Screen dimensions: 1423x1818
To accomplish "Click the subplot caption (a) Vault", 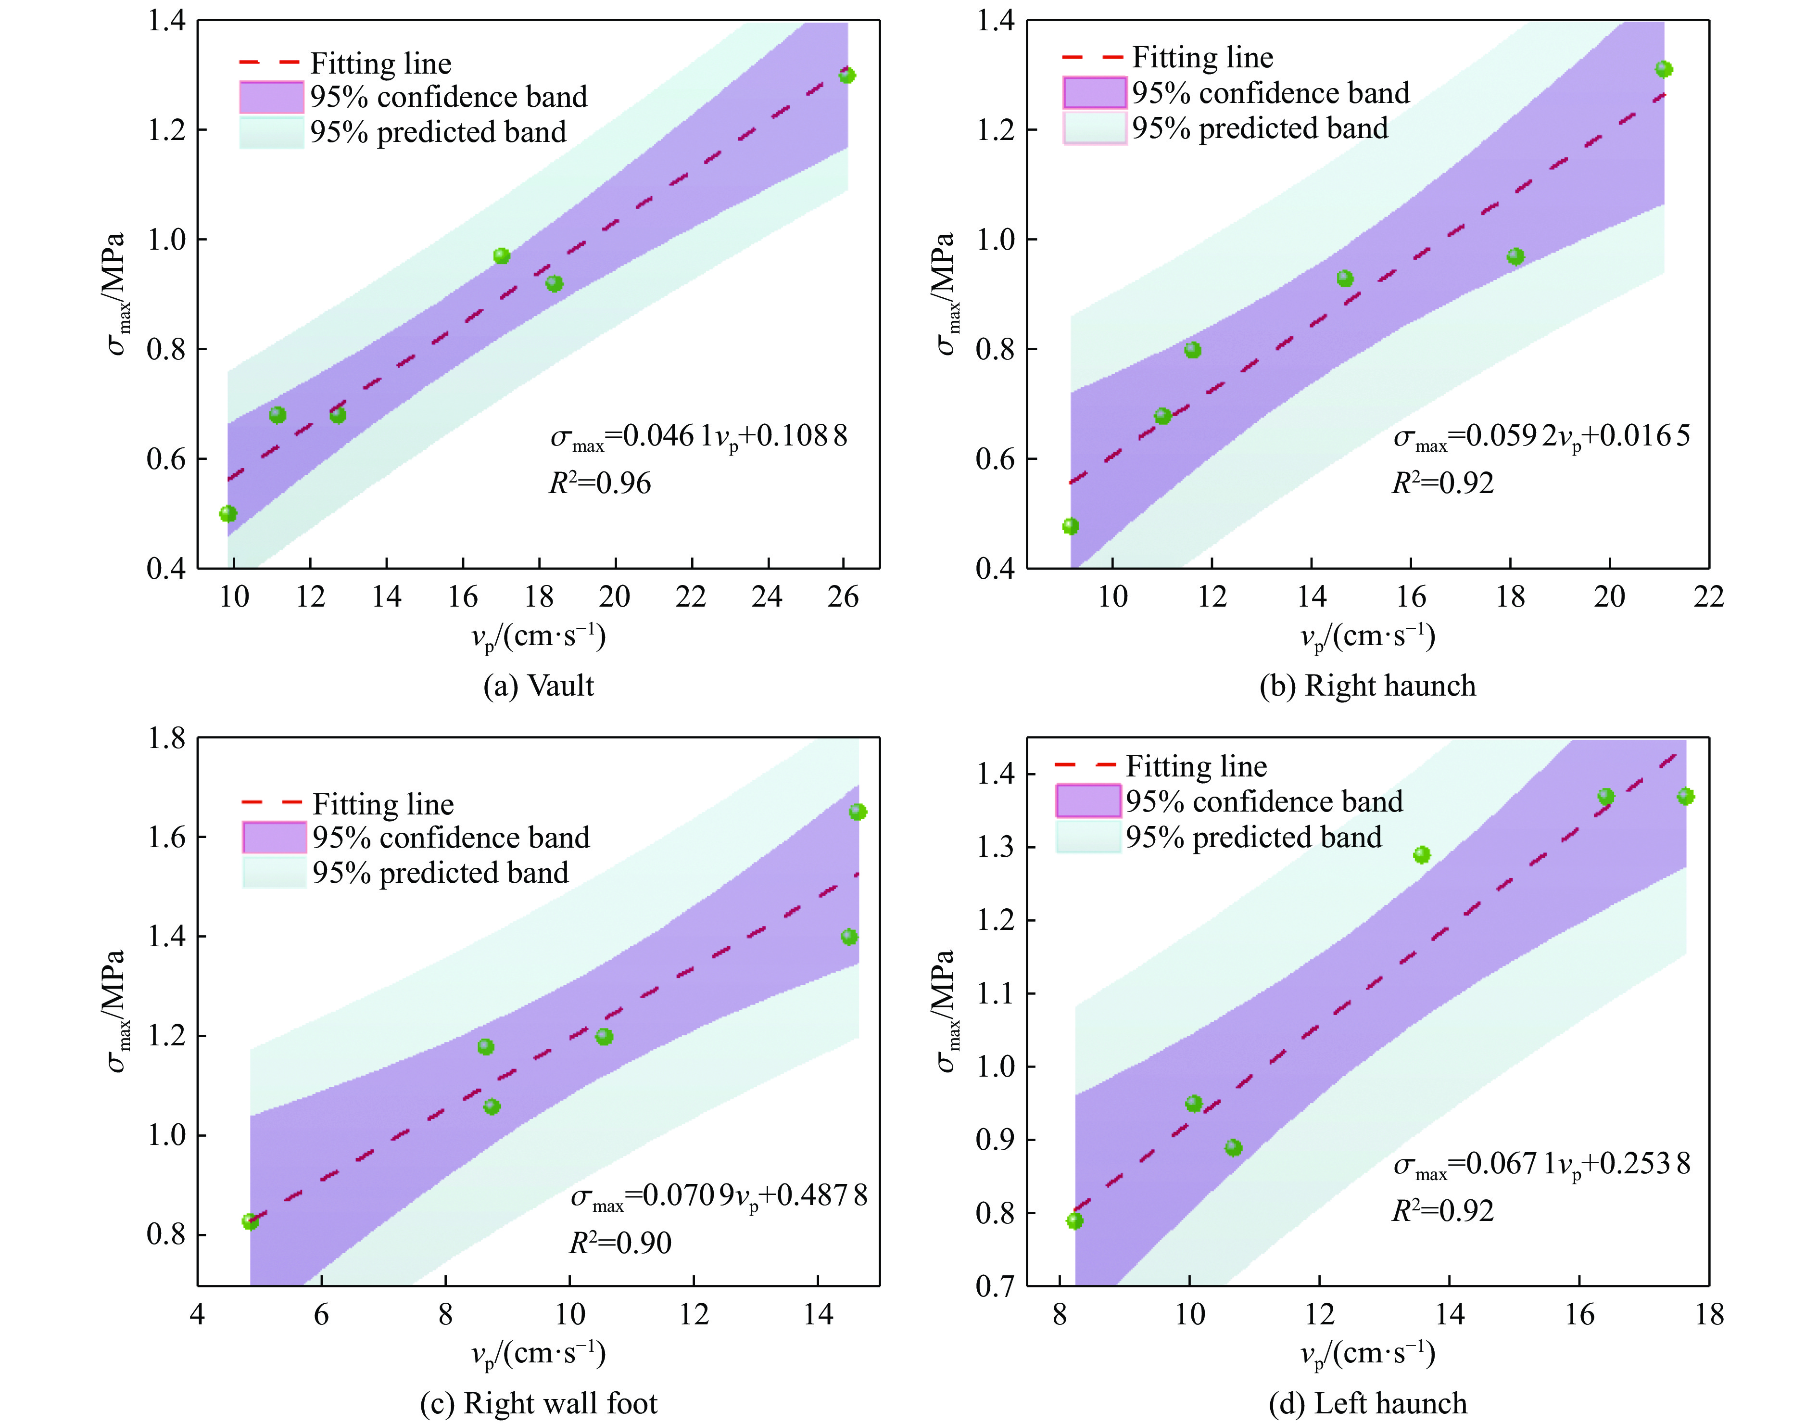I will (538, 686).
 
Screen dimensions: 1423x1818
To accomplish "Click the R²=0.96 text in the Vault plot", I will (600, 483).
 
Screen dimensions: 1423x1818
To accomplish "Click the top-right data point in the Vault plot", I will (847, 76).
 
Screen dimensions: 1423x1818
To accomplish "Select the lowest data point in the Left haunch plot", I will (1075, 1220).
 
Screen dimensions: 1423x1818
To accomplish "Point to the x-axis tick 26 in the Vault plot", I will (843, 597).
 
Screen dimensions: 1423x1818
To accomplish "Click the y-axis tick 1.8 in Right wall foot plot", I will (166, 738).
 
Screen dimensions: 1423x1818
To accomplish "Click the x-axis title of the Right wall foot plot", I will (538, 1354).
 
